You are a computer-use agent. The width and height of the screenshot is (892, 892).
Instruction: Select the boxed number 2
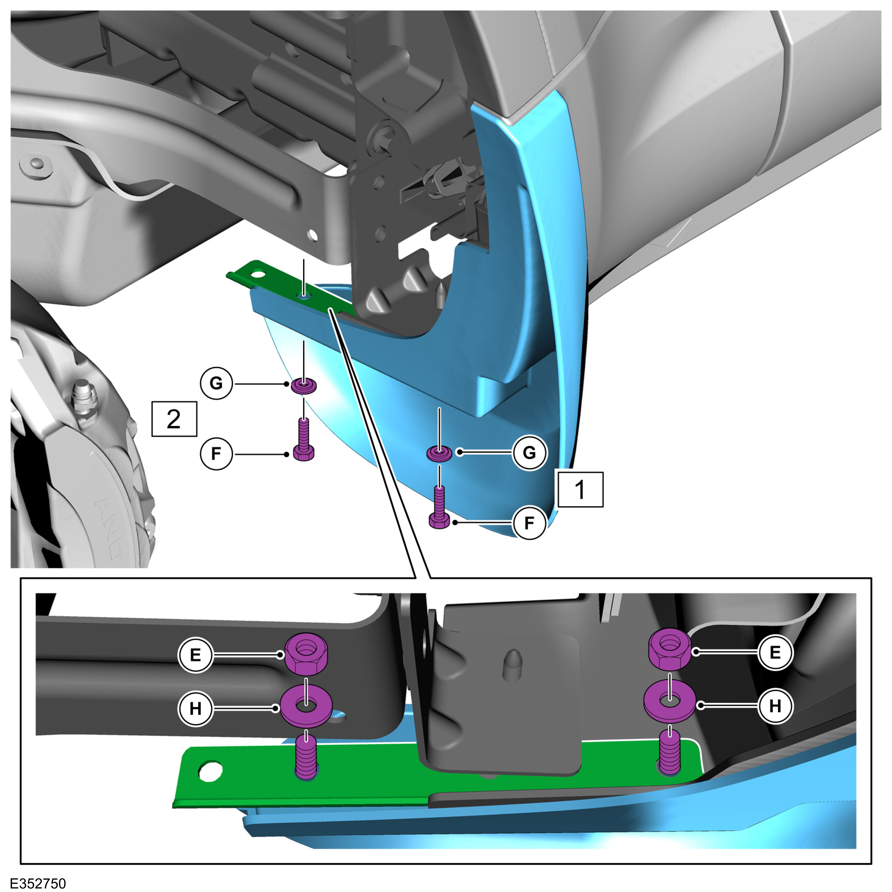[x=174, y=419]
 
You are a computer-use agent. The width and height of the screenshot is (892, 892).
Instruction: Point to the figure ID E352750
[x=38, y=883]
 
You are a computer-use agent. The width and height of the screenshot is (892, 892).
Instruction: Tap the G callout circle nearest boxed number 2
[x=216, y=383]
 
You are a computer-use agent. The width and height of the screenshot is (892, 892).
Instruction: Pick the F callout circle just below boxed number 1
[x=529, y=523]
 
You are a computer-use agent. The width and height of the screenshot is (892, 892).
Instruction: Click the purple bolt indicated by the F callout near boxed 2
[x=304, y=439]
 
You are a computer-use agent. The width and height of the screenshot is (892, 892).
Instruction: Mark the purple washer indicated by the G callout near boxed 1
[x=439, y=453]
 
